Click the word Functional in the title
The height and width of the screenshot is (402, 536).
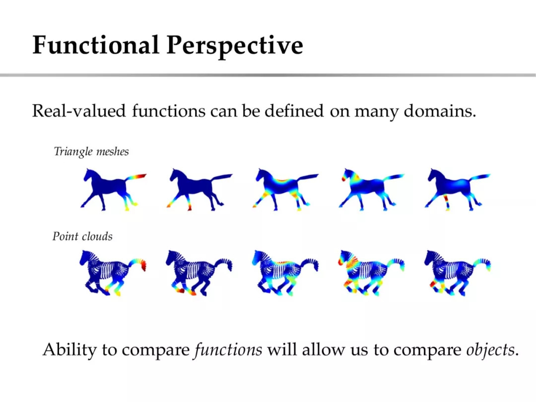[x=96, y=45]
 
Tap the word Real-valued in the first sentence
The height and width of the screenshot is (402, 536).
[x=79, y=111]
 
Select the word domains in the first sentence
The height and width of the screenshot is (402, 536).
[x=440, y=111]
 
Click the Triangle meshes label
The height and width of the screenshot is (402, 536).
[x=91, y=151]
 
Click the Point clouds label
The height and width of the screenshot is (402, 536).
[x=82, y=236]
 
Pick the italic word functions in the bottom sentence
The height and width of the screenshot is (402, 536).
[x=228, y=349]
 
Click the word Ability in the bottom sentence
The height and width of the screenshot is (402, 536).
[x=70, y=350]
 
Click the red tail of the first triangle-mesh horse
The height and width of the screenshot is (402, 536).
[x=138, y=177]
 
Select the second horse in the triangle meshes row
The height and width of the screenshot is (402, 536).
[x=200, y=189]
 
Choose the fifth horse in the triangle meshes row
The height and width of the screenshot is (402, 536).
[x=458, y=189]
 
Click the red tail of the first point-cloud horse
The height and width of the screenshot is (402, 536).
[x=141, y=265]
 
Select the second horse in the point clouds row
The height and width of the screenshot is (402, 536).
[x=199, y=273]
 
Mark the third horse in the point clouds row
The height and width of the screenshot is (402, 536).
[x=285, y=273]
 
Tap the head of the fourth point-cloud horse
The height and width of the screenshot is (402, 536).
[x=345, y=257]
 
